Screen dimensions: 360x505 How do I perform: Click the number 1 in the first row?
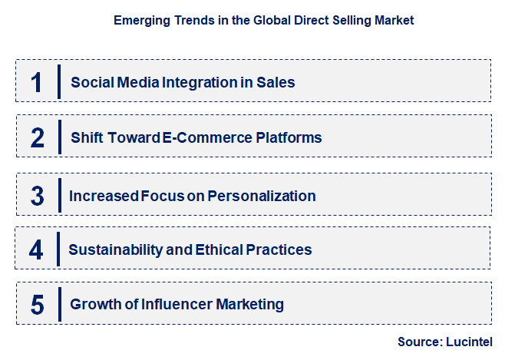(x=37, y=82)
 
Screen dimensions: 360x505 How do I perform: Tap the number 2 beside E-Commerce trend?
(x=38, y=138)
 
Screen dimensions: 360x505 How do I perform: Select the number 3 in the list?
(x=38, y=196)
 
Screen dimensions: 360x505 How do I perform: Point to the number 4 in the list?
(x=37, y=249)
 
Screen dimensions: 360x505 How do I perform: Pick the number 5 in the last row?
(x=38, y=305)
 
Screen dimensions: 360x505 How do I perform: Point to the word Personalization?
(x=268, y=196)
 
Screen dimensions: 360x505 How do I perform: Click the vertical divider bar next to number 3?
(x=59, y=196)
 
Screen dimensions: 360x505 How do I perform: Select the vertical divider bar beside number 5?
(x=59, y=305)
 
